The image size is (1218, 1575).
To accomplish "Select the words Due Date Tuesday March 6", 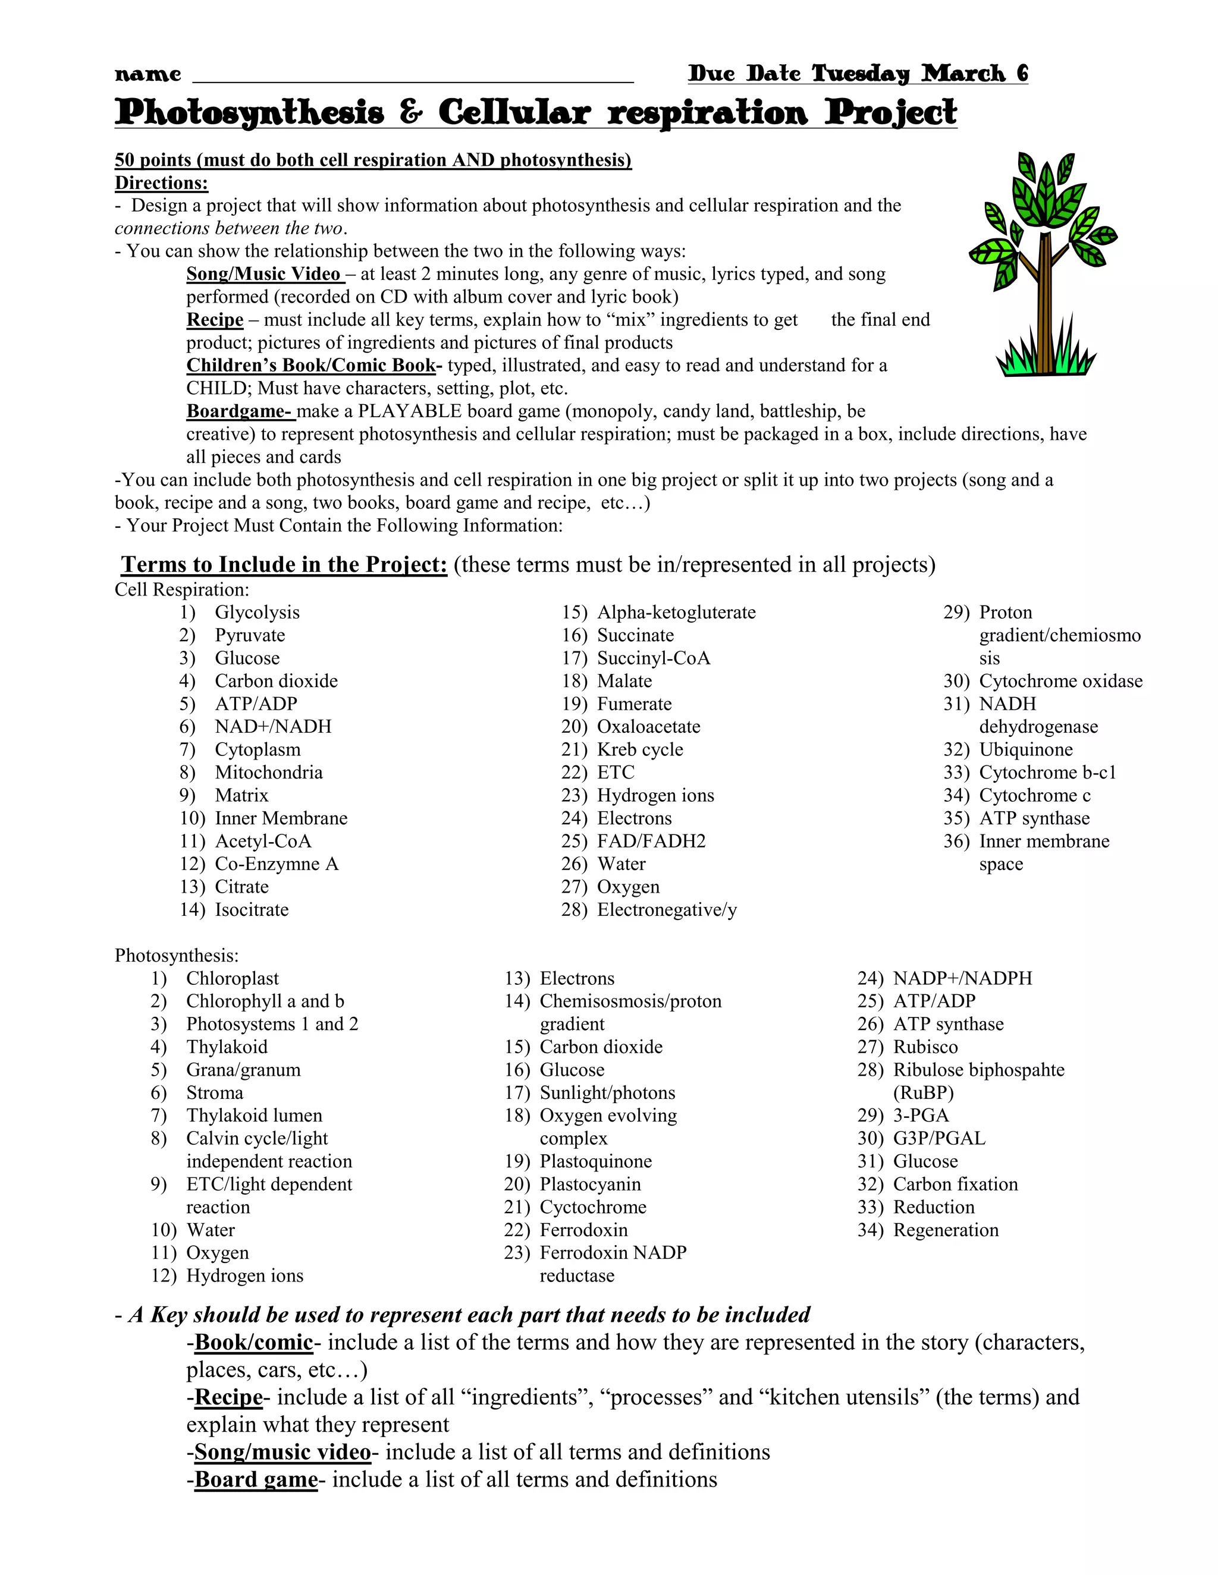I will click(857, 74).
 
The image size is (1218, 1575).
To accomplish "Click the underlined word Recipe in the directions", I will click(215, 320).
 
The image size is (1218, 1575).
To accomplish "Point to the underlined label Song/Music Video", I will click(264, 274).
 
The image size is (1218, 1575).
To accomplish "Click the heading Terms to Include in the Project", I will click(284, 564).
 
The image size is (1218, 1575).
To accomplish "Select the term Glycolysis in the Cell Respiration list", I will click(257, 612).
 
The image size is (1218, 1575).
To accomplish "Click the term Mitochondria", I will click(268, 773).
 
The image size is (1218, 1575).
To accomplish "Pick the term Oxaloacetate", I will click(648, 726).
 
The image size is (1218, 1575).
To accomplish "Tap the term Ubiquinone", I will click(1025, 749).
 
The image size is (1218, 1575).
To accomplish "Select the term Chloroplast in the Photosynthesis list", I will click(233, 979).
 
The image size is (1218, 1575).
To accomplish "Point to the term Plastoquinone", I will click(595, 1161).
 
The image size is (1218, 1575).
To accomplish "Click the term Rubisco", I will click(925, 1047).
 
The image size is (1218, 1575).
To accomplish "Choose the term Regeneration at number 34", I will click(945, 1230).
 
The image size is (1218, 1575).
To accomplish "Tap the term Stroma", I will click(214, 1092).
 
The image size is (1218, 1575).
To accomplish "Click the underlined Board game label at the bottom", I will click(256, 1479).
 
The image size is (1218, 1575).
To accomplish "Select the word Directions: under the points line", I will click(162, 183).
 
